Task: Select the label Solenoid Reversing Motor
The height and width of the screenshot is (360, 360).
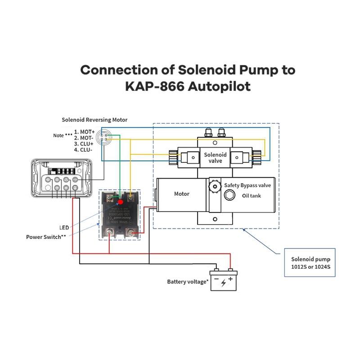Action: point(94,120)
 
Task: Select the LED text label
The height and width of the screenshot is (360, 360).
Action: point(64,227)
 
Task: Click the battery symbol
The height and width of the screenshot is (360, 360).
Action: point(224,281)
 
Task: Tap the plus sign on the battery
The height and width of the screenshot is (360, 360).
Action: point(230,279)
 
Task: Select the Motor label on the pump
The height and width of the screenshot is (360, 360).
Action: point(182,194)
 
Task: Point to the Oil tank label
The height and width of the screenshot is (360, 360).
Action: point(252,196)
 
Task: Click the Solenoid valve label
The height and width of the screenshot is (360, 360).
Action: point(216,157)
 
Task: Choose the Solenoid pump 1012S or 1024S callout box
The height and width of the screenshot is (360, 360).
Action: point(310,263)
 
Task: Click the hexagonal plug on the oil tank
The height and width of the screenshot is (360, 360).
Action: point(228,195)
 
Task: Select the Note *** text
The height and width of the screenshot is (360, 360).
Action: point(62,135)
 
